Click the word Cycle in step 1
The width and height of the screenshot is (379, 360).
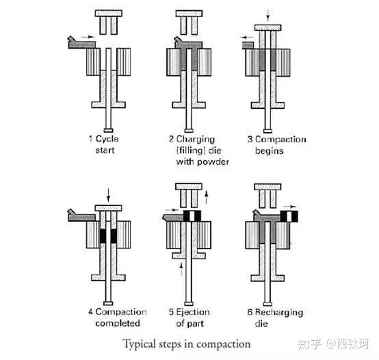coord(107,139)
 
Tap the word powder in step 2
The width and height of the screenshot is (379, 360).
coord(213,162)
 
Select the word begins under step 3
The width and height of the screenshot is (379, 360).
coord(269,151)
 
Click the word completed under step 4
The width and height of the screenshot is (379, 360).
coord(118,323)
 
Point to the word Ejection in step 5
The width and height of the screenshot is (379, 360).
coord(193,312)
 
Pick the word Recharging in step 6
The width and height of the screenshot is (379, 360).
coord(279,313)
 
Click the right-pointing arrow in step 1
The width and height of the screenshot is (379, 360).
coord(88,37)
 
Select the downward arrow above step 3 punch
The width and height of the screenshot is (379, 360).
coord(267,15)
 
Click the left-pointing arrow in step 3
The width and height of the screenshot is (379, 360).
coord(247,38)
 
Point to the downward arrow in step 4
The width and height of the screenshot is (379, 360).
coord(108,195)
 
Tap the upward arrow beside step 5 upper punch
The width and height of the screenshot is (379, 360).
coord(206,197)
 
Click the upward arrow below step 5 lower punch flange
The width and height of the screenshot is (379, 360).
coord(181,269)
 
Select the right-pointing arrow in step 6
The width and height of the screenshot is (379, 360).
coord(290,207)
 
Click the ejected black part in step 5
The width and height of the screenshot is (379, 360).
coord(192,216)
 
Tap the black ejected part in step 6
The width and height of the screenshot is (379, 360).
coord(289,216)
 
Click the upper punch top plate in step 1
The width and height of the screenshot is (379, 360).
coord(109,13)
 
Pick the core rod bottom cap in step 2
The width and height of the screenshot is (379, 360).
coord(189,131)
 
